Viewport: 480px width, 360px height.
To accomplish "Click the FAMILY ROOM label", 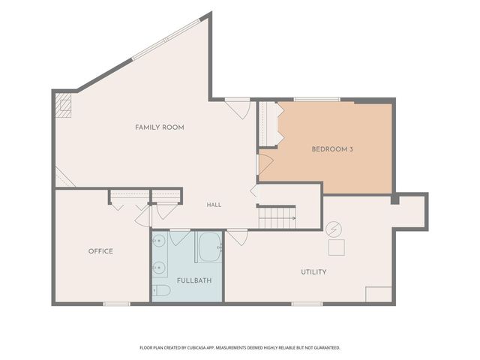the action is (x=160, y=127).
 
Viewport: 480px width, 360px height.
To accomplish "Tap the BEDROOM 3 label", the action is (x=332, y=149).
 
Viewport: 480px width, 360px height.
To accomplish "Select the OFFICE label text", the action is (x=100, y=251).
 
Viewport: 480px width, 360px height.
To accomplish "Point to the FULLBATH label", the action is (x=194, y=280).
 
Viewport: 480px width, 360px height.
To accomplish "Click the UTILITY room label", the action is (x=313, y=271).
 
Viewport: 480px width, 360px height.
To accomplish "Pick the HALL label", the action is (x=214, y=205).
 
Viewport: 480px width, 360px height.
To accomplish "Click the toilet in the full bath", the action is (x=161, y=290).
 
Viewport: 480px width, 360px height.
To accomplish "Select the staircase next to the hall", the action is (x=277, y=217).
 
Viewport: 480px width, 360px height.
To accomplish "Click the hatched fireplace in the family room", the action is (x=63, y=105).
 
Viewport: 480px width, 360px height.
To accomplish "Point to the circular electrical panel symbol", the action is (x=333, y=229).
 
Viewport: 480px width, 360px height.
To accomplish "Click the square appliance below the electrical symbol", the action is (x=337, y=247).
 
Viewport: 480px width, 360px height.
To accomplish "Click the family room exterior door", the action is (x=238, y=108).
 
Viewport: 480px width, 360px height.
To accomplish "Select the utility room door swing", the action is (x=237, y=237).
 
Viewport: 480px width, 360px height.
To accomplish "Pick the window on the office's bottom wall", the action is (x=117, y=304).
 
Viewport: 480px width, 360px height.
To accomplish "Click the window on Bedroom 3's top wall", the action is (x=316, y=100).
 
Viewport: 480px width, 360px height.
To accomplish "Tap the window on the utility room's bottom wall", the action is (x=307, y=304).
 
